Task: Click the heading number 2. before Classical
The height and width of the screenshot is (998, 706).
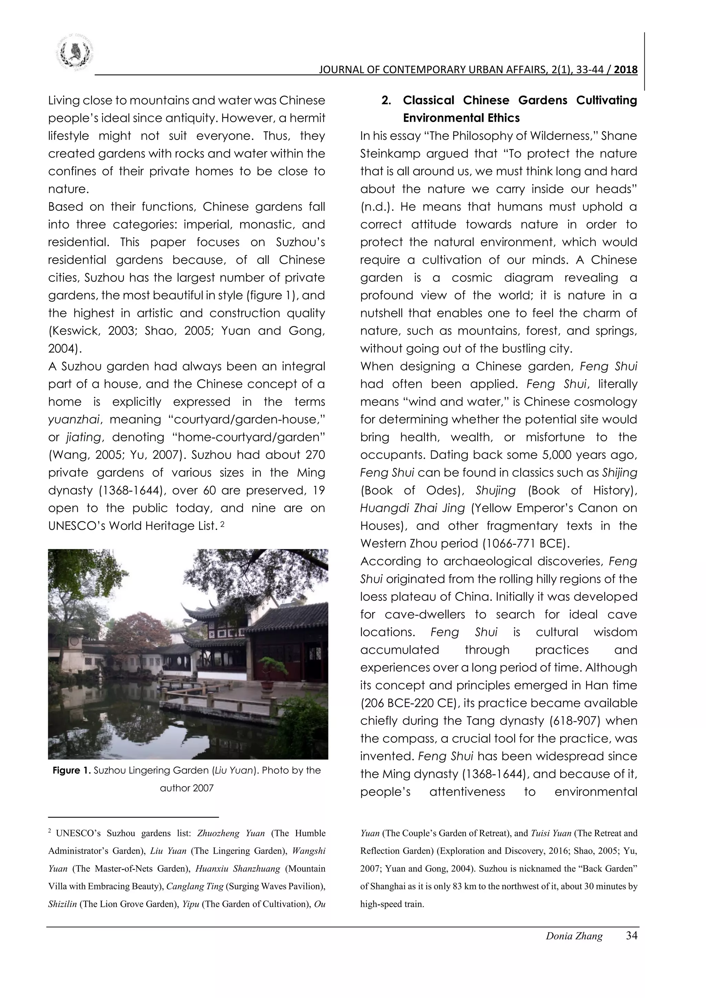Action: [386, 100]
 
